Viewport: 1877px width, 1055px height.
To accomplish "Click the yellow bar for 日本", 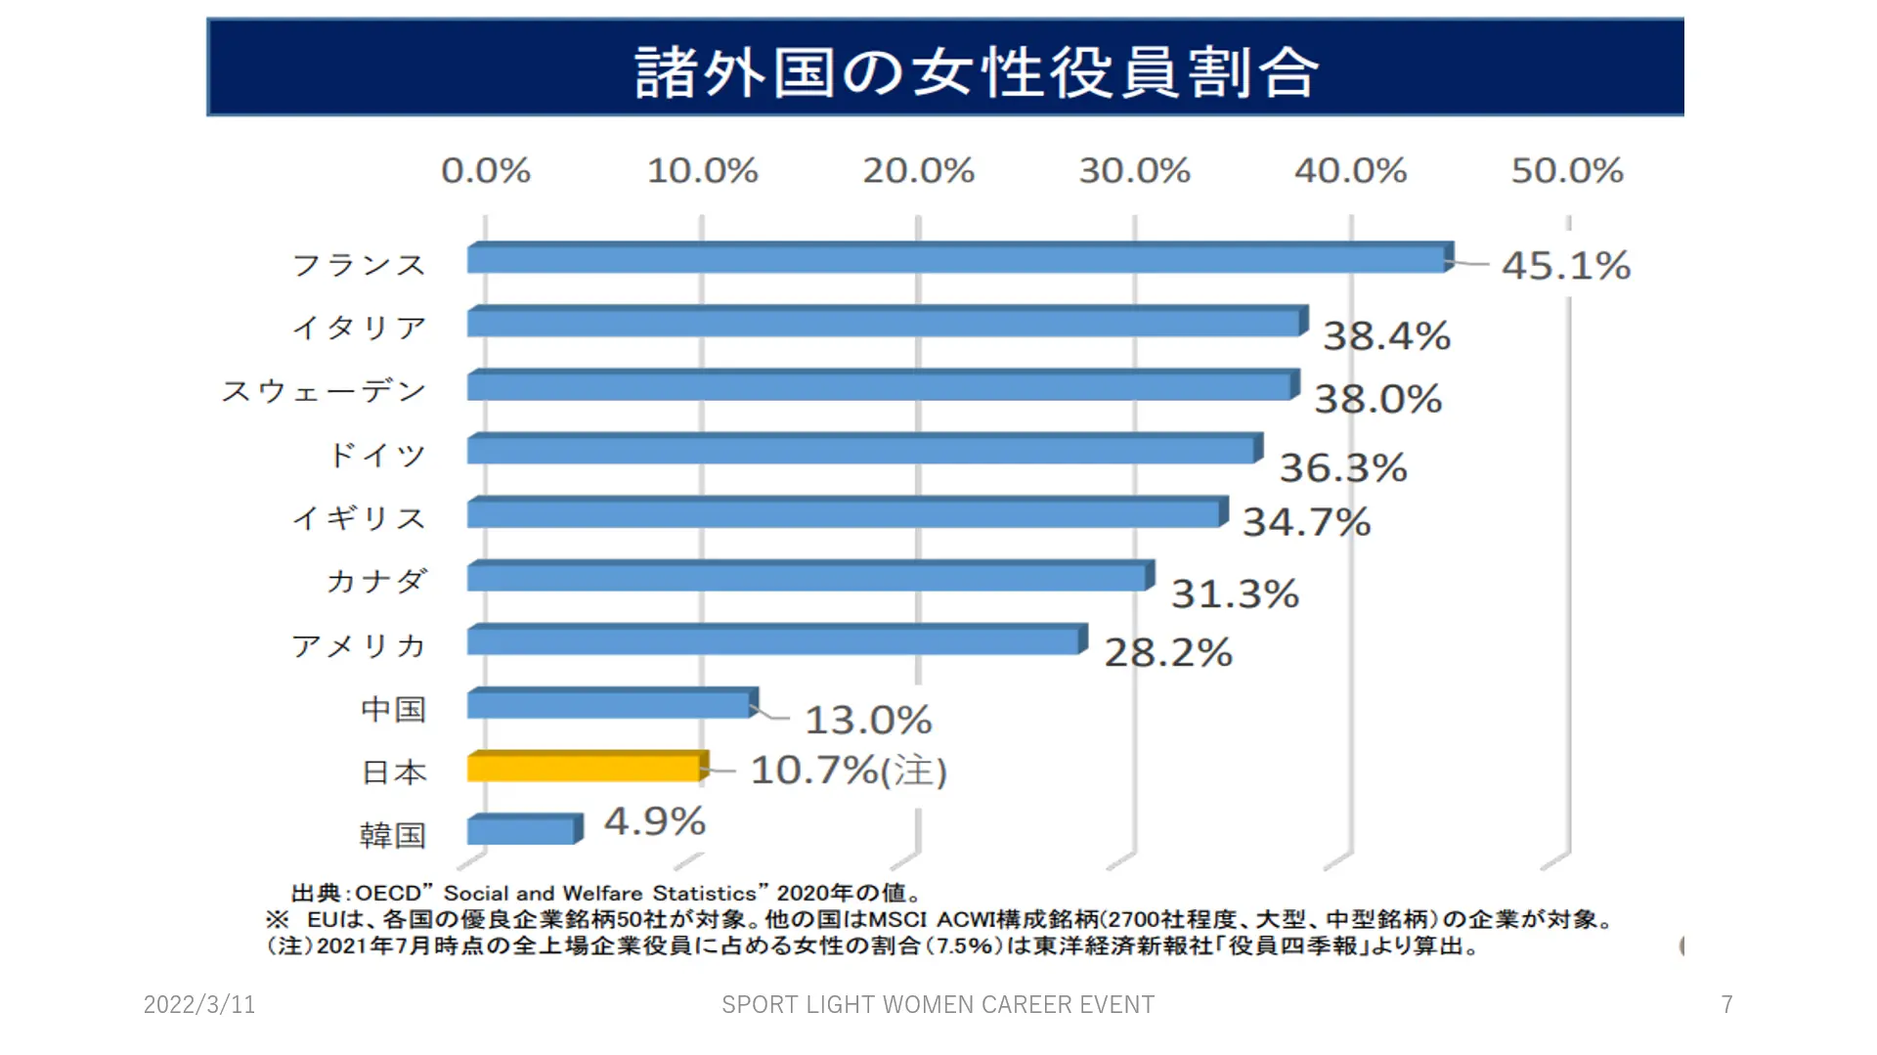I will (587, 768).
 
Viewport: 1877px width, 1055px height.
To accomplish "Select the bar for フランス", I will (958, 259).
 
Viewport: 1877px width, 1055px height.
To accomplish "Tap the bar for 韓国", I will (523, 830).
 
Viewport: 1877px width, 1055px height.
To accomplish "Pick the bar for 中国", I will (611, 704).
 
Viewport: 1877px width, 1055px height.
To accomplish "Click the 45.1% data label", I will (1566, 266).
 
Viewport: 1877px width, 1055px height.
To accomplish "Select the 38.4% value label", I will (1386, 336).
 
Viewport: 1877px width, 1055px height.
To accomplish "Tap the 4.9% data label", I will (655, 821).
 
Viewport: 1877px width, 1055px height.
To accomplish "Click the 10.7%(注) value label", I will (849, 770).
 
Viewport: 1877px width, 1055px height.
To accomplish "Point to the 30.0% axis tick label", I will (1134, 171).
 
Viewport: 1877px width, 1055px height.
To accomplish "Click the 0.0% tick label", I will (486, 171).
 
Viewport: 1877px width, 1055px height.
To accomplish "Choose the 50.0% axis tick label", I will (1567, 171).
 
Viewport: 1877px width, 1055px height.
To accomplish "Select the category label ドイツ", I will (377, 455).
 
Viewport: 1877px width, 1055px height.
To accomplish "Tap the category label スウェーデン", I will (324, 391).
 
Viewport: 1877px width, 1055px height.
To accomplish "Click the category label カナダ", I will (377, 581).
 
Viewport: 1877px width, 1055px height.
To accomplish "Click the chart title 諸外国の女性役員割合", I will (977, 71).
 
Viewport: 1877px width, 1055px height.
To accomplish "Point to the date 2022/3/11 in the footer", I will (199, 1004).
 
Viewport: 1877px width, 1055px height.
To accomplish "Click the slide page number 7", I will (1727, 1004).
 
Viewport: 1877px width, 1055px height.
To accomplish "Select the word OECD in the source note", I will (387, 893).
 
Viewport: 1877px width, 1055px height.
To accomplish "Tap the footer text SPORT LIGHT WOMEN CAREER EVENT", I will (938, 1004).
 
